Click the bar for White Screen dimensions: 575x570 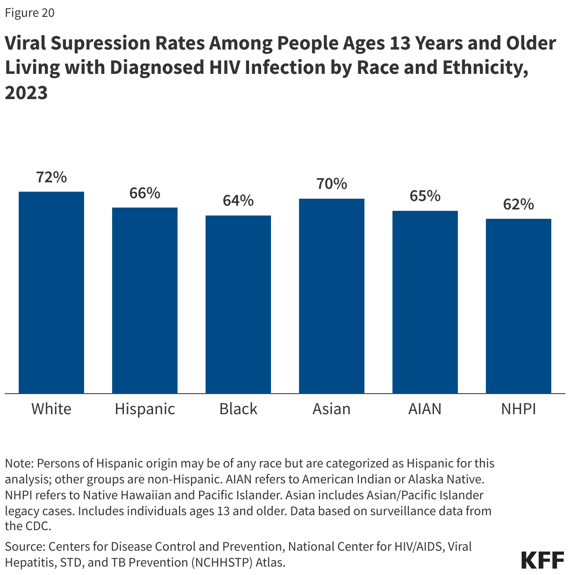click(x=51, y=292)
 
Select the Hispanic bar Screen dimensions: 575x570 click(x=145, y=300)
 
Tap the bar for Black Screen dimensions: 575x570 click(x=238, y=304)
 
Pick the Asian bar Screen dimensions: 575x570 click(x=332, y=295)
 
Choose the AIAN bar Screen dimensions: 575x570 click(x=425, y=302)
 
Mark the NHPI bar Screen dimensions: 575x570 click(x=519, y=306)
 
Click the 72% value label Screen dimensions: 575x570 click(x=51, y=177)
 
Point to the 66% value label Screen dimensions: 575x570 click(x=145, y=193)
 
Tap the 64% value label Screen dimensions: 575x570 click(x=238, y=201)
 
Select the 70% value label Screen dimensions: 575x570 click(x=332, y=184)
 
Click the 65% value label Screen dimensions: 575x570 click(x=425, y=196)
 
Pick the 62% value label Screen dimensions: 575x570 click(x=519, y=204)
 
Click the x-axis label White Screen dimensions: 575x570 click(x=51, y=409)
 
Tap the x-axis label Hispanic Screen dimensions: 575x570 click(x=145, y=409)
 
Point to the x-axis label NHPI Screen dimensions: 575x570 click(x=519, y=409)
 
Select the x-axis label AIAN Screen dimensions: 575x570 click(x=425, y=409)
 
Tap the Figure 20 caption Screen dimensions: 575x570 click(x=29, y=13)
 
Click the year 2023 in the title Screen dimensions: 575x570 click(x=27, y=93)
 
